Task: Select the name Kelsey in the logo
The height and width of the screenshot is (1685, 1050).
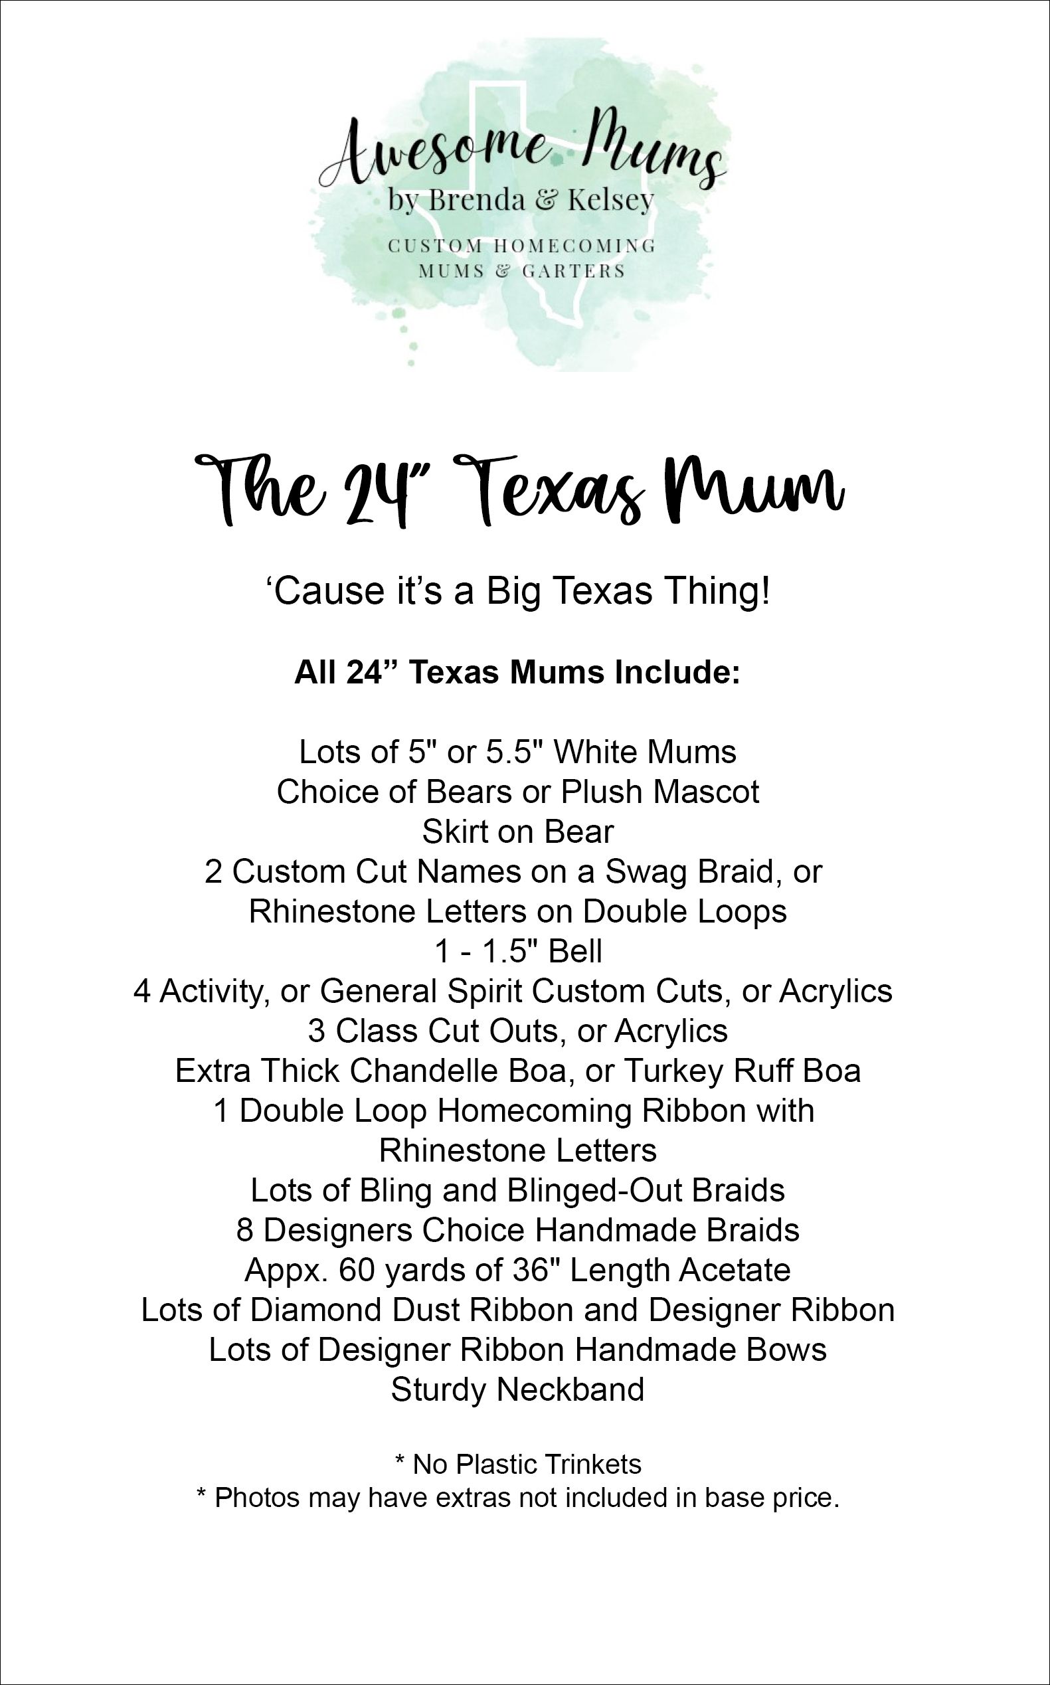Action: (611, 201)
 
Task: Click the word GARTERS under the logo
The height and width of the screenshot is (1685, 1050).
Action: (573, 272)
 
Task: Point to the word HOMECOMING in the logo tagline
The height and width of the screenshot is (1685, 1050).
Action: (574, 246)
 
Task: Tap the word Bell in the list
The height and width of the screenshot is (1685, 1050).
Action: (575, 952)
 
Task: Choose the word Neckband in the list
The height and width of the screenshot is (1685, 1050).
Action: (571, 1390)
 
